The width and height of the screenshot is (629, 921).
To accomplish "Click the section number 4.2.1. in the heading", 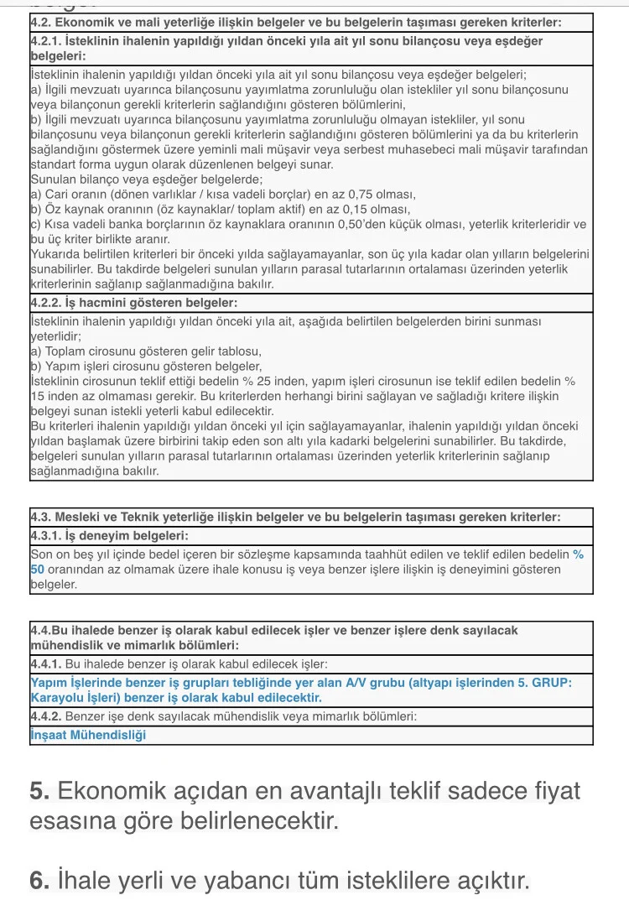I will click(46, 41).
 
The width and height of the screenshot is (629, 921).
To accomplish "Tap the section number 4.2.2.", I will click(46, 302).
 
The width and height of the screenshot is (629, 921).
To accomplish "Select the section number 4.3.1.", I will click(46, 535).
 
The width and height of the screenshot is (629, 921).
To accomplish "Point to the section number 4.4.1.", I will click(46, 663).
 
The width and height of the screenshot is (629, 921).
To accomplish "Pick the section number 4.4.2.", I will click(46, 717).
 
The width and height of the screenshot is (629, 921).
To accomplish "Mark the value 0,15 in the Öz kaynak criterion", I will click(365, 209).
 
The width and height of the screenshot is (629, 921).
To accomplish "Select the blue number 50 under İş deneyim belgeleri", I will click(38, 569).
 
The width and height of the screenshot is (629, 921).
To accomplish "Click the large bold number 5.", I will click(39, 791).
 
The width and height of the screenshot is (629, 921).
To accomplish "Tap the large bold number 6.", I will click(39, 882).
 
